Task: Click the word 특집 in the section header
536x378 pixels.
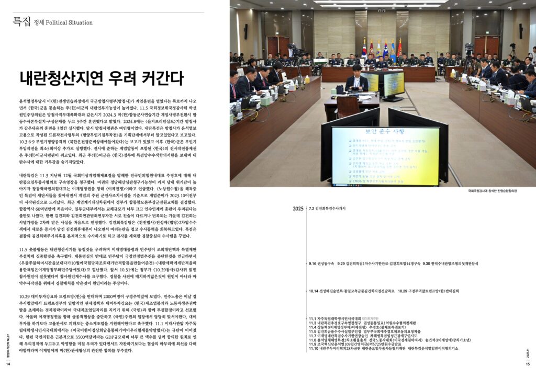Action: pos(21,21)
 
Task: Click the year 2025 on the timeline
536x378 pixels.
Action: pos(298,209)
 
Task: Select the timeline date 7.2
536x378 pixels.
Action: pos(312,209)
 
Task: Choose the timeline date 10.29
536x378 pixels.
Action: pos(403,291)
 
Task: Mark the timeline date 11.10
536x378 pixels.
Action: pos(315,348)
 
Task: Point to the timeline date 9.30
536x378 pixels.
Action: pos(427,264)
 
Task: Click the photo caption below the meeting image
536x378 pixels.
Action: pos(501,192)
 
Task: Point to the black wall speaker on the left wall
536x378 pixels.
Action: pos(246,31)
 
